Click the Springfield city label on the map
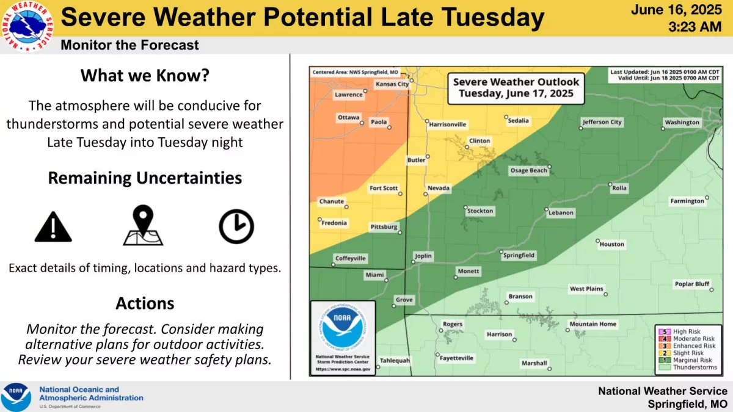click(x=519, y=255)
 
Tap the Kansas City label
click(x=392, y=84)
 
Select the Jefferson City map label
click(x=602, y=122)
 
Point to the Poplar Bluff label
click(x=691, y=284)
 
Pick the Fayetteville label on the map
click(x=456, y=358)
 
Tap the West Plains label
click(x=586, y=289)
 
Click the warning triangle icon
click(x=53, y=227)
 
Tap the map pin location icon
click(x=143, y=226)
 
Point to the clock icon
click(x=236, y=226)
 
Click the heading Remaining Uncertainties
click(x=145, y=178)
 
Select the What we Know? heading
click(x=145, y=76)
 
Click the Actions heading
click(x=145, y=303)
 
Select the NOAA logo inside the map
click(x=342, y=327)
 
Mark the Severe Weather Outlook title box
click(x=516, y=88)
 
